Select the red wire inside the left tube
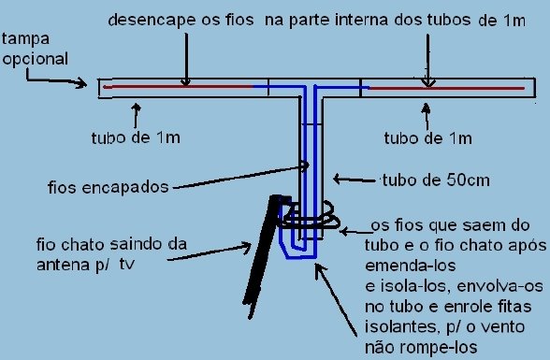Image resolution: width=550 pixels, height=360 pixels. coord(178,87)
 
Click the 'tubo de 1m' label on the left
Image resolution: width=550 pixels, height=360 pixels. coord(155,139)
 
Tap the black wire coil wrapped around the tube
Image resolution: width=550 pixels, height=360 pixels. coord(309,219)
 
